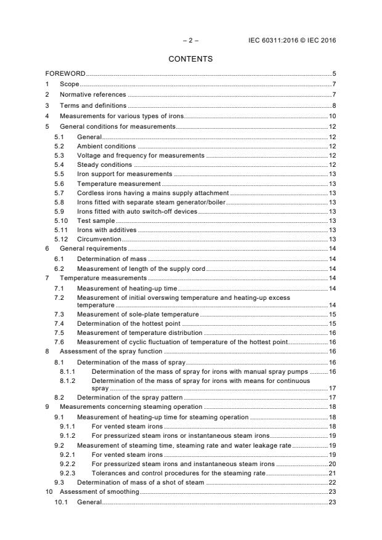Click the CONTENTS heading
[x=190, y=59]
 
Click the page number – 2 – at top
[x=190, y=40]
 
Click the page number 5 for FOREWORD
[x=333, y=74]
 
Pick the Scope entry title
[x=70, y=84]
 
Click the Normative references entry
[x=92, y=95]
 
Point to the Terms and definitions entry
[x=93, y=105]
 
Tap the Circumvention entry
[x=99, y=238]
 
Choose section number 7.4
[x=59, y=323]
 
